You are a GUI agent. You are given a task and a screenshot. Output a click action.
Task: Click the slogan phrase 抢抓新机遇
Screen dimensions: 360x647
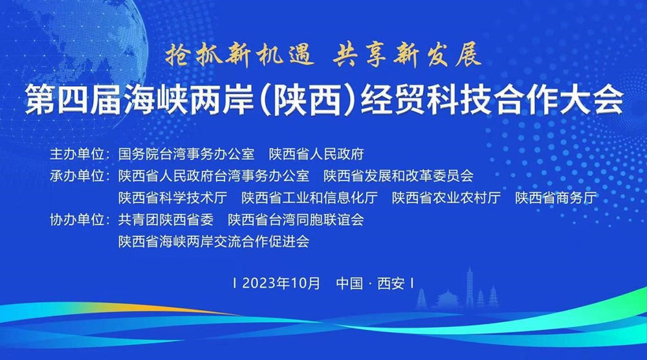pos(237,56)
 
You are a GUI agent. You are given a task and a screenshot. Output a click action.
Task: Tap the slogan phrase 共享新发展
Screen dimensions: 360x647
pos(407,56)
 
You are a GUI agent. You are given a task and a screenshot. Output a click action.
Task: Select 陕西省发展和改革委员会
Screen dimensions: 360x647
pos(399,176)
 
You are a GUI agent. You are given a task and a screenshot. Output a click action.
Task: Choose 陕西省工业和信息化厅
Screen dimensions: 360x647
pos(309,198)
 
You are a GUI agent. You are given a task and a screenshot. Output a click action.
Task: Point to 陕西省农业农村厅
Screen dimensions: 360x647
pos(446,198)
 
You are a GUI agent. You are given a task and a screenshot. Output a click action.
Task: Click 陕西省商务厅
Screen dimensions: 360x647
pos(556,198)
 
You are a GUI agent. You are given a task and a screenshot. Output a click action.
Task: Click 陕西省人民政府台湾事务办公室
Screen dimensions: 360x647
pos(214,176)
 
